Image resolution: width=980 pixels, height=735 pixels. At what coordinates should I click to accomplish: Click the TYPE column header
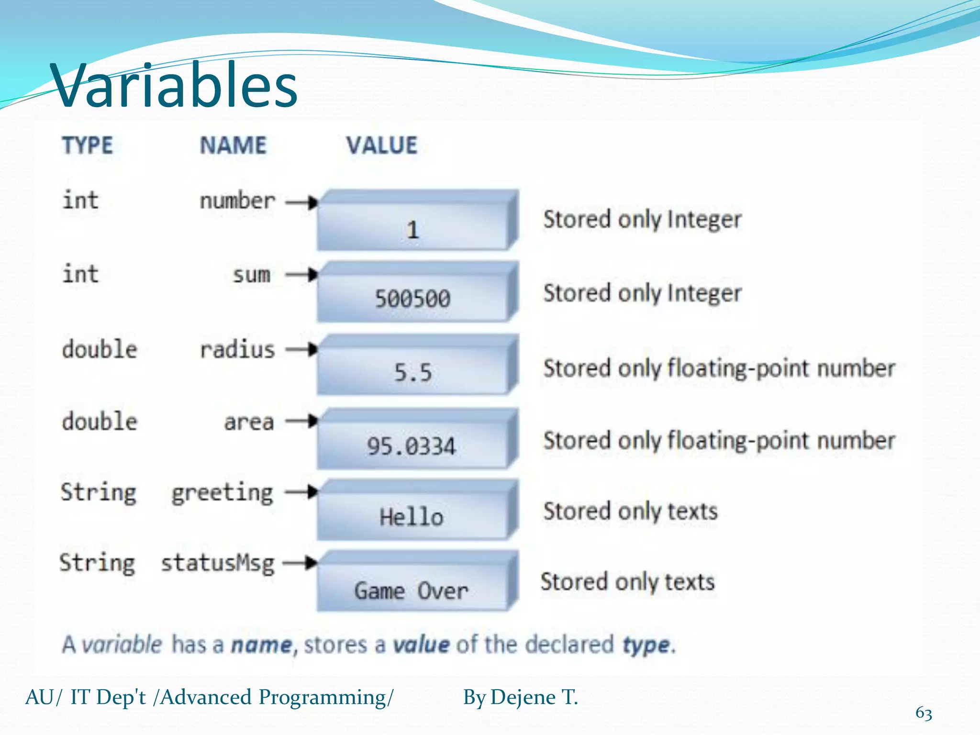[x=88, y=145]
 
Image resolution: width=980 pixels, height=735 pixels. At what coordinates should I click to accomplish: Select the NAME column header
[x=233, y=145]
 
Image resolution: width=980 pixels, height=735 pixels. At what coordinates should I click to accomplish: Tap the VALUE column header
[x=382, y=145]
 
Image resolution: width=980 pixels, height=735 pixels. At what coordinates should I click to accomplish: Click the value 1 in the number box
[x=413, y=230]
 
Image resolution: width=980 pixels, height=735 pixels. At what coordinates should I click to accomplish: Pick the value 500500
[x=412, y=299]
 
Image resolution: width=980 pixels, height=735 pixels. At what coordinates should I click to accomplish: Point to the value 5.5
[x=413, y=372]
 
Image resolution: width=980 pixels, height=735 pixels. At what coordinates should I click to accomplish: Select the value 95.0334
[x=412, y=446]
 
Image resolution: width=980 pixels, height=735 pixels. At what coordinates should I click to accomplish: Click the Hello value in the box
[x=412, y=517]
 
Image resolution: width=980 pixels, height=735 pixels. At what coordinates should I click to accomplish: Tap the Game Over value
[x=411, y=591]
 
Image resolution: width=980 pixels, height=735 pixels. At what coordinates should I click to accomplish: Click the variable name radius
[x=237, y=350]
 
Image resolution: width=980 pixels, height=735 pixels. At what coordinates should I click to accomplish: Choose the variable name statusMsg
[x=218, y=563]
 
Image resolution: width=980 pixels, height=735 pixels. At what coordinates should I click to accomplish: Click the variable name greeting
[x=223, y=493]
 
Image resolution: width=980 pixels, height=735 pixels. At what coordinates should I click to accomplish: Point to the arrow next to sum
[x=302, y=275]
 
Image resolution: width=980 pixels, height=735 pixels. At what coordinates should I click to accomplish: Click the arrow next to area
[x=302, y=421]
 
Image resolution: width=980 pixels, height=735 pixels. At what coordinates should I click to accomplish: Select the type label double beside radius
[x=100, y=349]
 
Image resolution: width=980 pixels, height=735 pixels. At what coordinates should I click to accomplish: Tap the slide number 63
[x=924, y=713]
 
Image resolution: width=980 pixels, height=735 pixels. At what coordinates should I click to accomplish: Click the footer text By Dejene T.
[x=521, y=697]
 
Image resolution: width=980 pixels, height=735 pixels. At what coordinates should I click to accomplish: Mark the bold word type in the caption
[x=646, y=645]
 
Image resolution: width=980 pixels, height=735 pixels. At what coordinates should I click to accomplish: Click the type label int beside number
[x=80, y=200]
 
